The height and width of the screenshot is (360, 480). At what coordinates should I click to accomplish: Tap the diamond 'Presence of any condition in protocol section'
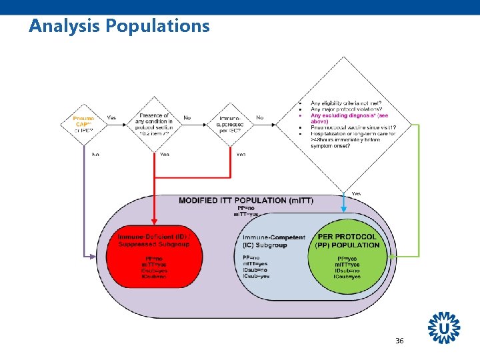point(154,124)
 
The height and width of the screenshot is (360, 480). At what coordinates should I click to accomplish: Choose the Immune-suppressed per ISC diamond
point(229,124)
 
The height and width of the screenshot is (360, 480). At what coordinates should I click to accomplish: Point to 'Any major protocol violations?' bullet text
point(351,109)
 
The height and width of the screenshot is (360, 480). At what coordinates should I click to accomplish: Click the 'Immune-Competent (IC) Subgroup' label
point(273,241)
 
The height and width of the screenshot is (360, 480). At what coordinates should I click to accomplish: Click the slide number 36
point(399,341)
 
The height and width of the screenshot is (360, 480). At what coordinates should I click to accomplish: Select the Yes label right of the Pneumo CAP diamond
point(111,118)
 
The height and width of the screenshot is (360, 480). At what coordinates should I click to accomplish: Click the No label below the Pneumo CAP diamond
point(95,155)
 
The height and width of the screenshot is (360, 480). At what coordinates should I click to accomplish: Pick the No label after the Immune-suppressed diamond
point(259,118)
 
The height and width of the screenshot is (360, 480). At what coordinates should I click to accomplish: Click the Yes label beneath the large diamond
point(356,194)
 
